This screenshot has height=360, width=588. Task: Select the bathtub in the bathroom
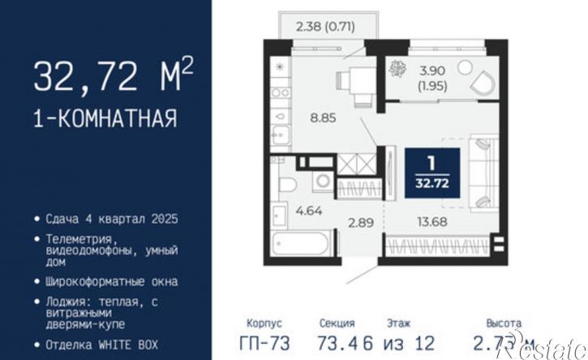pos(303,242)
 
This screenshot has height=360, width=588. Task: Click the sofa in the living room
pos(481,171)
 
